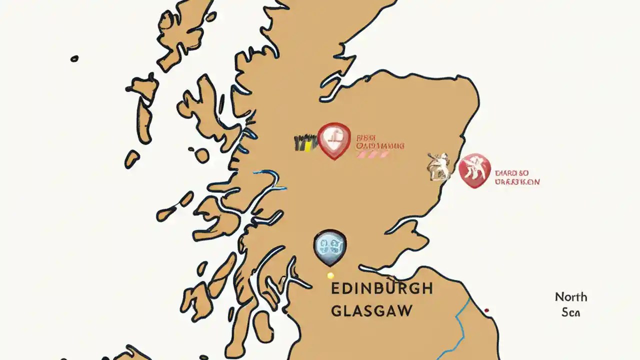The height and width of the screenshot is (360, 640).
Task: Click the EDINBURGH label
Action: (381, 288)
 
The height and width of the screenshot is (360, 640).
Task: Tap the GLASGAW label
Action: (371, 310)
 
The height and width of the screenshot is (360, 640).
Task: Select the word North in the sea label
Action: (570, 297)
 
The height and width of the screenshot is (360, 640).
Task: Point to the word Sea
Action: (570, 312)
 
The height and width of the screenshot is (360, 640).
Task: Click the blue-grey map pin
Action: (329, 246)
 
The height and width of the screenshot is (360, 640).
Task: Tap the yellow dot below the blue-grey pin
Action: (330, 275)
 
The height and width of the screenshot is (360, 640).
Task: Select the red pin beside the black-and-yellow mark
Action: (334, 140)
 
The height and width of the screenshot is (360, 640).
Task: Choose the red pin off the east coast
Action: (474, 170)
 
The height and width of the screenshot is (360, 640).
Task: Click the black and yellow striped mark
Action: (305, 143)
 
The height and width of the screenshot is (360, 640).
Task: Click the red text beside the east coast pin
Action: (517, 177)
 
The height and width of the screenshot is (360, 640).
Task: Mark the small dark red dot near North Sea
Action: (486, 310)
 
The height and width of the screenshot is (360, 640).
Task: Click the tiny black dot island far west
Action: (74, 58)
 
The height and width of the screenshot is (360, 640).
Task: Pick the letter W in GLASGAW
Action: (404, 310)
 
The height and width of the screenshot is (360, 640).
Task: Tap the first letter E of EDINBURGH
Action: (335, 288)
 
